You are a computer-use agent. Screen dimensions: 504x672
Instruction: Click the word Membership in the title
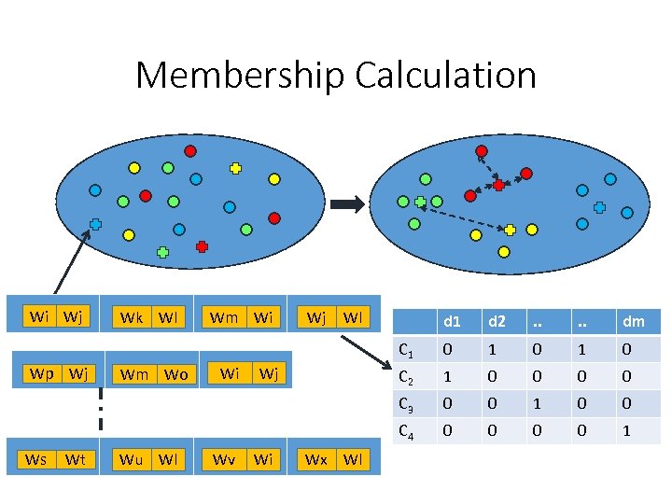(x=239, y=76)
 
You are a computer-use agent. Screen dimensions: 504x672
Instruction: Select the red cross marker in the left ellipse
(x=202, y=246)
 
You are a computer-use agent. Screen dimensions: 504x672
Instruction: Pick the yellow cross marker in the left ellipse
(x=235, y=169)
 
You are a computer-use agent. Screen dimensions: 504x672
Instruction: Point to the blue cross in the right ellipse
(x=599, y=207)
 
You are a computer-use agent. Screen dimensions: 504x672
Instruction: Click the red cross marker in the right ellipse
(x=498, y=186)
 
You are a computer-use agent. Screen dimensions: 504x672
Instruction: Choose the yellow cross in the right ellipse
(x=510, y=230)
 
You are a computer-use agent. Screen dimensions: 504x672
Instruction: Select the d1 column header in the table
(x=452, y=321)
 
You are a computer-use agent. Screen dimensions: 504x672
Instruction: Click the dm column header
(x=633, y=321)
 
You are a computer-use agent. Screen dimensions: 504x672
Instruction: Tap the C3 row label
(x=406, y=404)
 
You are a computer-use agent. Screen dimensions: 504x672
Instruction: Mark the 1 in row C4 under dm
(x=626, y=431)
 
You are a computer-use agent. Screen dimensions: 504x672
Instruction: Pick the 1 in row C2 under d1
(x=446, y=377)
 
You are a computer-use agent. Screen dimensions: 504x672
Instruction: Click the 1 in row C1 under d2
(x=492, y=350)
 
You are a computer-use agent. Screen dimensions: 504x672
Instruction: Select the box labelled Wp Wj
(x=60, y=374)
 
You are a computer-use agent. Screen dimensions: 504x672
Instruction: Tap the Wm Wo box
(x=155, y=375)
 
